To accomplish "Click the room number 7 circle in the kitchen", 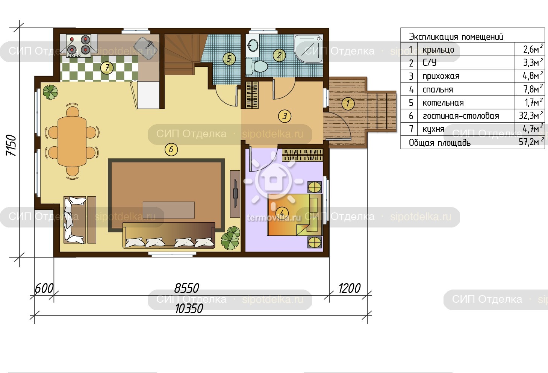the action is tap(107, 68).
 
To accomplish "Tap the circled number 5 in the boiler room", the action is tap(229, 59).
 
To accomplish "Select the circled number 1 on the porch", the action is tap(348, 103).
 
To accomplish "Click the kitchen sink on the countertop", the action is tap(145, 48).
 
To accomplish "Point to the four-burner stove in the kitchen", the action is tap(79, 46).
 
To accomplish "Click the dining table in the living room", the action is tap(72, 141).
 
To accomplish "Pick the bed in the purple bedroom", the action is tap(295, 215).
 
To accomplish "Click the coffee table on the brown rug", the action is tap(168, 210).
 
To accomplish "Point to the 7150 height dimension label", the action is tap(11, 145).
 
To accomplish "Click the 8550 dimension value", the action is tap(187, 288).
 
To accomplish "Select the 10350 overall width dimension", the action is tap(189, 309).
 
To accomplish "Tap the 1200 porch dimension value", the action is tap(349, 288).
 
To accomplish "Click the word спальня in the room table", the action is tap(437, 89).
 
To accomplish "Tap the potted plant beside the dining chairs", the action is tap(50, 92).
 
